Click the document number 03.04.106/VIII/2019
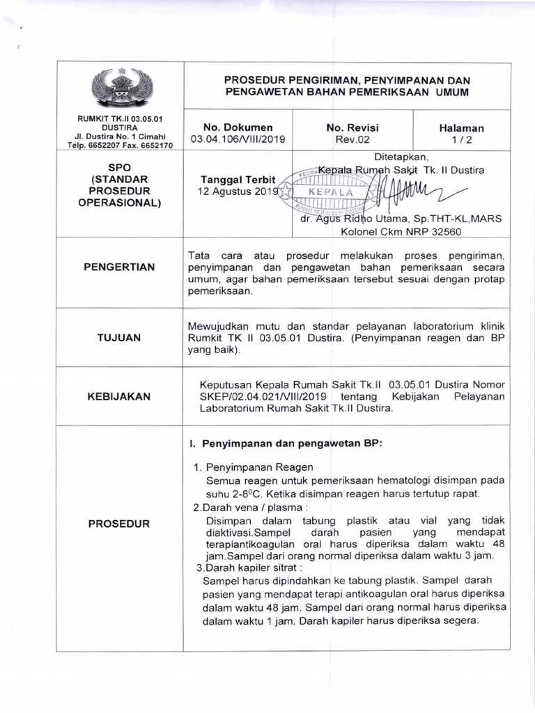pyautogui.click(x=238, y=139)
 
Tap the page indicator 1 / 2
pyautogui.click(x=461, y=139)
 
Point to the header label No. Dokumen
pyautogui.click(x=238, y=127)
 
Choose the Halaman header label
pyautogui.click(x=461, y=128)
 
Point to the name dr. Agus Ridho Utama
pyautogui.click(x=352, y=219)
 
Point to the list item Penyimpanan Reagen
pyautogui.click(x=258, y=467)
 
